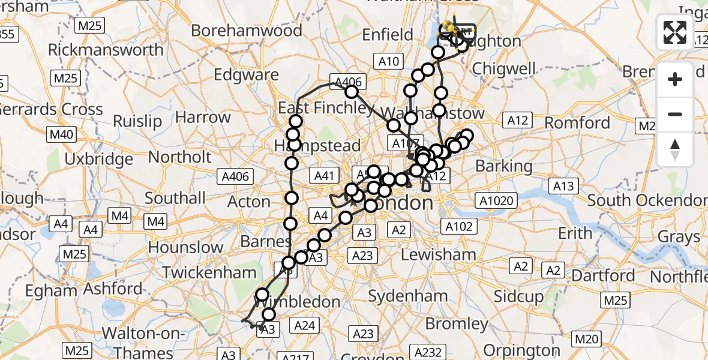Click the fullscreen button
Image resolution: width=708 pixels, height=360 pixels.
675,32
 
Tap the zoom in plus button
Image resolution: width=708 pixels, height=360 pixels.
675,80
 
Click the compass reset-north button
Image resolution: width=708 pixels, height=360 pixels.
675,149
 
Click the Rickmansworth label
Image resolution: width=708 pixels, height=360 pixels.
106,49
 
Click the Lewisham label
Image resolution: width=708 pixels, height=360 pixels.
438,254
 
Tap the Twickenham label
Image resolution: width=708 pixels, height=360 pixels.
209,272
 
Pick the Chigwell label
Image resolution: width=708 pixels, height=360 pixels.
504,68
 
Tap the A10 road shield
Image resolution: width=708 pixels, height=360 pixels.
389,61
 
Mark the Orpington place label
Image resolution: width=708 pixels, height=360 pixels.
521,350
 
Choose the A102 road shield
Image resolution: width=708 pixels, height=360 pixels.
460,226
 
